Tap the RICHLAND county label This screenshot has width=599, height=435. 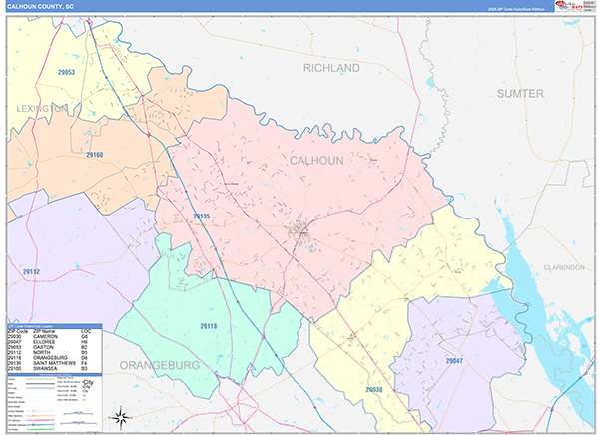331,68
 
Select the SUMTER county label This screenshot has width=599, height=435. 520,93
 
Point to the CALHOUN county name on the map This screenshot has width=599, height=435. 317,160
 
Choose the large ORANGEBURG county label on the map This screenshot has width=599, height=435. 161,365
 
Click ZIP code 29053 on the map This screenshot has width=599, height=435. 67,73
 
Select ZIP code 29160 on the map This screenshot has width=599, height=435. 95,155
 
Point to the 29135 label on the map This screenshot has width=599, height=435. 201,216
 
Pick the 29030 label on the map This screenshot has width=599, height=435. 373,389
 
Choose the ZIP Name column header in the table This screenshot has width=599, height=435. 45,331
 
